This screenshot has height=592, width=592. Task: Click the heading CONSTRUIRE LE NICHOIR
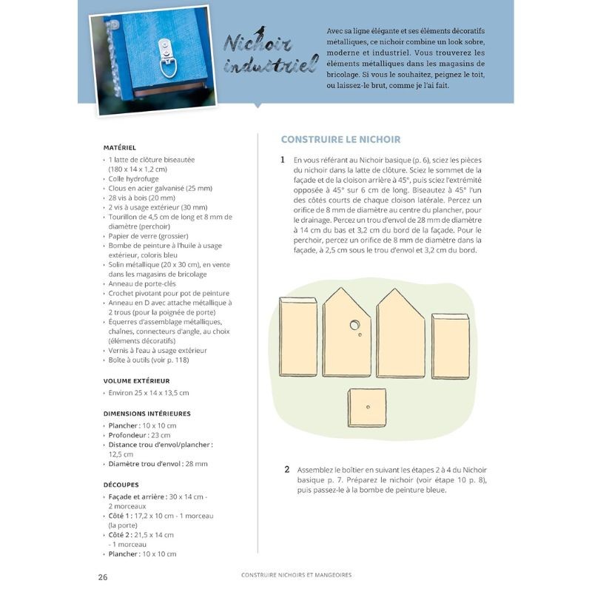pos(341,139)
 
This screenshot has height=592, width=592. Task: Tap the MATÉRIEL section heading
pos(120,147)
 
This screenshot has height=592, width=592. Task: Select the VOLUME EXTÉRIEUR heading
pos(137,380)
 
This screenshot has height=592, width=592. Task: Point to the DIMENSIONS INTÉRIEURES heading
pos(147,414)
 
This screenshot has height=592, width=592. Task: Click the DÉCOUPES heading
pos(121,485)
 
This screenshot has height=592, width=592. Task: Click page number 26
pos(103,576)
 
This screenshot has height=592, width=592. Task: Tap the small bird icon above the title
pos(260,30)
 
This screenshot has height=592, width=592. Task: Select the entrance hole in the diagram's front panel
pos(355,324)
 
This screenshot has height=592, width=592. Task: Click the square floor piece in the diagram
pos(367,408)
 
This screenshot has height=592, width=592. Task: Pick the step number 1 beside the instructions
pos(282,159)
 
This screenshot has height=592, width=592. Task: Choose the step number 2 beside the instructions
pos(287,469)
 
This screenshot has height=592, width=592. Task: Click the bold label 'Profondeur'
pos(127,435)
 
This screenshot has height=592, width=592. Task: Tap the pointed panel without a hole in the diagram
pos(400,334)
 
